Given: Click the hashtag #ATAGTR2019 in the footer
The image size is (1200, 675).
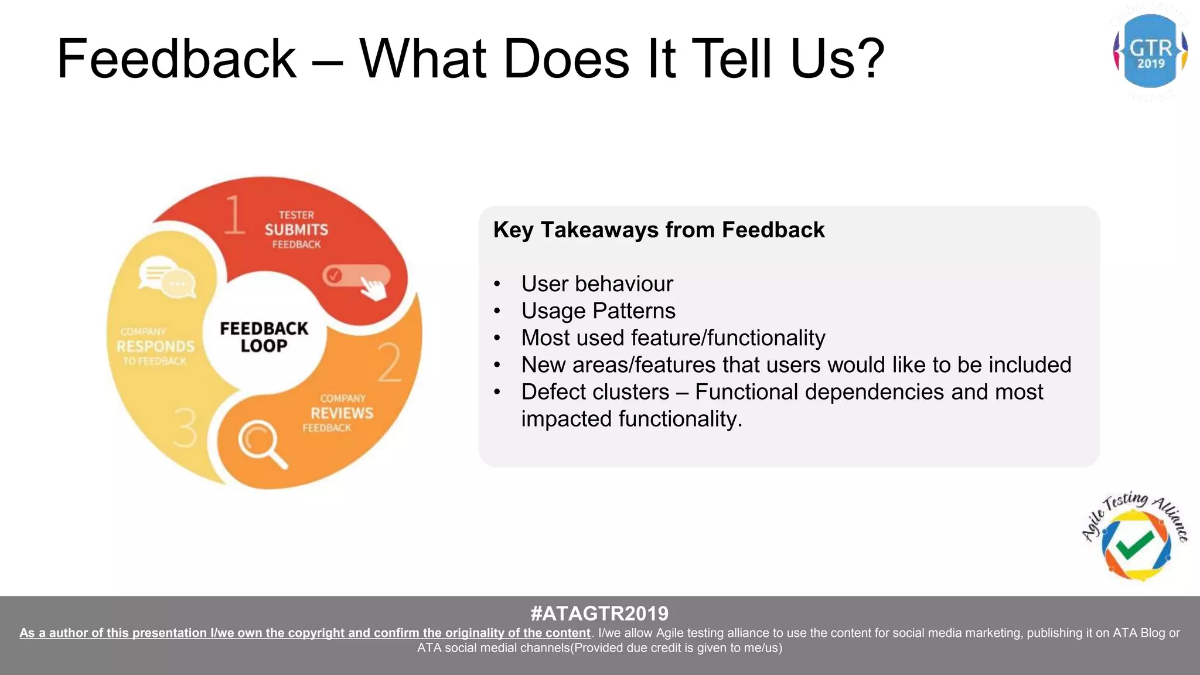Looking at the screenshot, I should (x=599, y=613).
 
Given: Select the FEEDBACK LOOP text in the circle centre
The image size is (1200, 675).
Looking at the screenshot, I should (x=264, y=337).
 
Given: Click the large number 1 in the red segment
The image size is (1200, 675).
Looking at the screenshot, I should (x=234, y=215).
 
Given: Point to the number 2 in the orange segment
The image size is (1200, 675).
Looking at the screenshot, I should (x=390, y=363).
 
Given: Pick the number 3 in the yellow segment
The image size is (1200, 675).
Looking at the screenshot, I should (x=186, y=427).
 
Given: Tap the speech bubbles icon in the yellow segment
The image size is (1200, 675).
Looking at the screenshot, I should (x=166, y=277).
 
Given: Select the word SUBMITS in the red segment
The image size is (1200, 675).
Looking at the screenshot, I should (x=296, y=230).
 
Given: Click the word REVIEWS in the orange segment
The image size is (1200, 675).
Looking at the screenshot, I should (x=342, y=413).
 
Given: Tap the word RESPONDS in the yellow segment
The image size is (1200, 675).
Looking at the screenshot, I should (x=155, y=346).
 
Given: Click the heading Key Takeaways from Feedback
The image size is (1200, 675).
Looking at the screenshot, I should (x=659, y=230).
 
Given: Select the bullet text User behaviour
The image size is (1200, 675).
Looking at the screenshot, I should (x=596, y=284).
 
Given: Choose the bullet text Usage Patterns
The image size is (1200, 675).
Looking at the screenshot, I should (x=598, y=311).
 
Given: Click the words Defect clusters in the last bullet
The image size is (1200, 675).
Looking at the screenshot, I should (x=595, y=391).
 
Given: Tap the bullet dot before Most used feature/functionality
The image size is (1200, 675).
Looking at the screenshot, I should (x=497, y=338).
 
